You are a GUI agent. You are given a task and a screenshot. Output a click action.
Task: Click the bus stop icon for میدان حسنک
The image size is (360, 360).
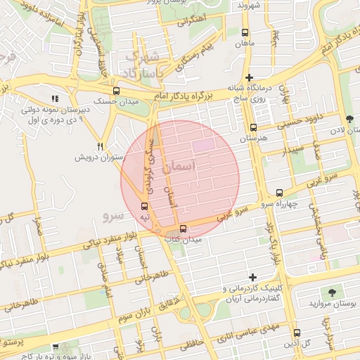click(x=115, y=91)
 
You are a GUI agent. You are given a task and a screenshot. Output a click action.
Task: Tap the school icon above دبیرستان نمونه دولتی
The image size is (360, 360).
click(x=56, y=98)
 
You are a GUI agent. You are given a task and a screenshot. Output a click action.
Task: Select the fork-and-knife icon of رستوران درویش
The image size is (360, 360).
click(x=101, y=146)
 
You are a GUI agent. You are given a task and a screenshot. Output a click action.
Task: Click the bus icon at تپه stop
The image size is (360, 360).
click(x=144, y=206)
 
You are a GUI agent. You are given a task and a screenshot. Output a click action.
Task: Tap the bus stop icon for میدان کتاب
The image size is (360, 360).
click(x=183, y=229)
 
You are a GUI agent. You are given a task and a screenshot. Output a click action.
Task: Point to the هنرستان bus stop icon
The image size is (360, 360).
click(x=253, y=127)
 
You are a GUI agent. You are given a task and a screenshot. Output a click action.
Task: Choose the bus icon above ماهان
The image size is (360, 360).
click(x=245, y=32)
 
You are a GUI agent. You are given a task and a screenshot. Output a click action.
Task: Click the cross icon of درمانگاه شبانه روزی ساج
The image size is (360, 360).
click(x=249, y=77)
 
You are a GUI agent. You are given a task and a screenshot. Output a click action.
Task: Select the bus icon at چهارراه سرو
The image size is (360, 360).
click(x=279, y=192)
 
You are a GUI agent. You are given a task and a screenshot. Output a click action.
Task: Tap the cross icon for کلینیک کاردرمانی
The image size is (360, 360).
click(x=253, y=277)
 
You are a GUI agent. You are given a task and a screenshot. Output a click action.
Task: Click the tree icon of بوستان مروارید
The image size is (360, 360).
click(x=331, y=291)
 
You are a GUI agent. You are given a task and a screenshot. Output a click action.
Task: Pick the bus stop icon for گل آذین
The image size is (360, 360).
click(x=296, y=333)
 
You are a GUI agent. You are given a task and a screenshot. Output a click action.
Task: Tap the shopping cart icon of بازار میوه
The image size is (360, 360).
click(x=56, y=347)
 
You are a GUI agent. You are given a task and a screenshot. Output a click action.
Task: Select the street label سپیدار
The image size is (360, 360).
click(x=292, y=150)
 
